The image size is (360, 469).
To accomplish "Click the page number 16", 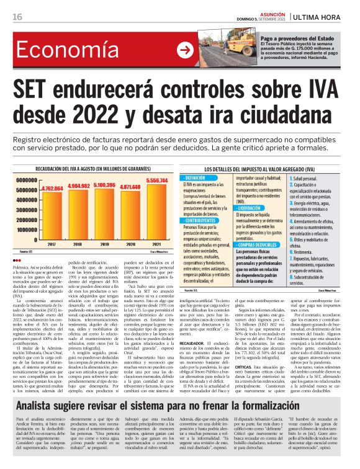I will coord(17,16).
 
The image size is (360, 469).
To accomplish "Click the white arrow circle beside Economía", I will coord(184,51).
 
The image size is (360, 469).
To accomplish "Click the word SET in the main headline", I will coord(35,91).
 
